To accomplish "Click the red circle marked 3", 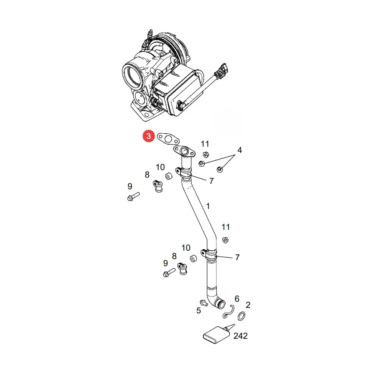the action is click(148, 136).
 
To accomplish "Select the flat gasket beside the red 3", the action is click(168, 139).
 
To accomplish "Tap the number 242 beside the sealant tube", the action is click(240, 336).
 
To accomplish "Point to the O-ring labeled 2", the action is click(241, 316).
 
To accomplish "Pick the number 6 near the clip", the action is click(237, 299).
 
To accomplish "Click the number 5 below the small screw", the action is click(198, 310).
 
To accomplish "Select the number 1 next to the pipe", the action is click(208, 206).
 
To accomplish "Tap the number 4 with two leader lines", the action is click(239, 150).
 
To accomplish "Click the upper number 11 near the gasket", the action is click(205, 144).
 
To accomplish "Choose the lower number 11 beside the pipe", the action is click(226, 227).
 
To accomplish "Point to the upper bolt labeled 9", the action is click(133, 196).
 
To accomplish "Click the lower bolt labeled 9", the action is click(169, 273).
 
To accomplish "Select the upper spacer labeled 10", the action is click(169, 176).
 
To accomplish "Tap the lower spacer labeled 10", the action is click(194, 258).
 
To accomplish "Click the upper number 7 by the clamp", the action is click(211, 181).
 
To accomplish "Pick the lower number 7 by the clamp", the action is click(237, 257).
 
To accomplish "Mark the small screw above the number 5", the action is click(203, 302).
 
